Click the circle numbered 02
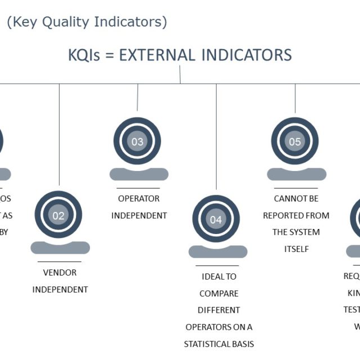tap(58, 215)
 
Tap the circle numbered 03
tap(137, 142)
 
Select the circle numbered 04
tap(216, 219)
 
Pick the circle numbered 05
tap(295, 142)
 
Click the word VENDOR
tap(60, 273)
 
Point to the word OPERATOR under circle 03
tap(138, 199)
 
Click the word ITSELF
tap(296, 249)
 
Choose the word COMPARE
tap(219, 294)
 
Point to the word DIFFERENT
tap(219, 310)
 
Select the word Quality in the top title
tap(69, 22)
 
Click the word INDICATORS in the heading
tap(250, 55)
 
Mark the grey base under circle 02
tap(60, 247)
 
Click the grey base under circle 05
tap(296, 174)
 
